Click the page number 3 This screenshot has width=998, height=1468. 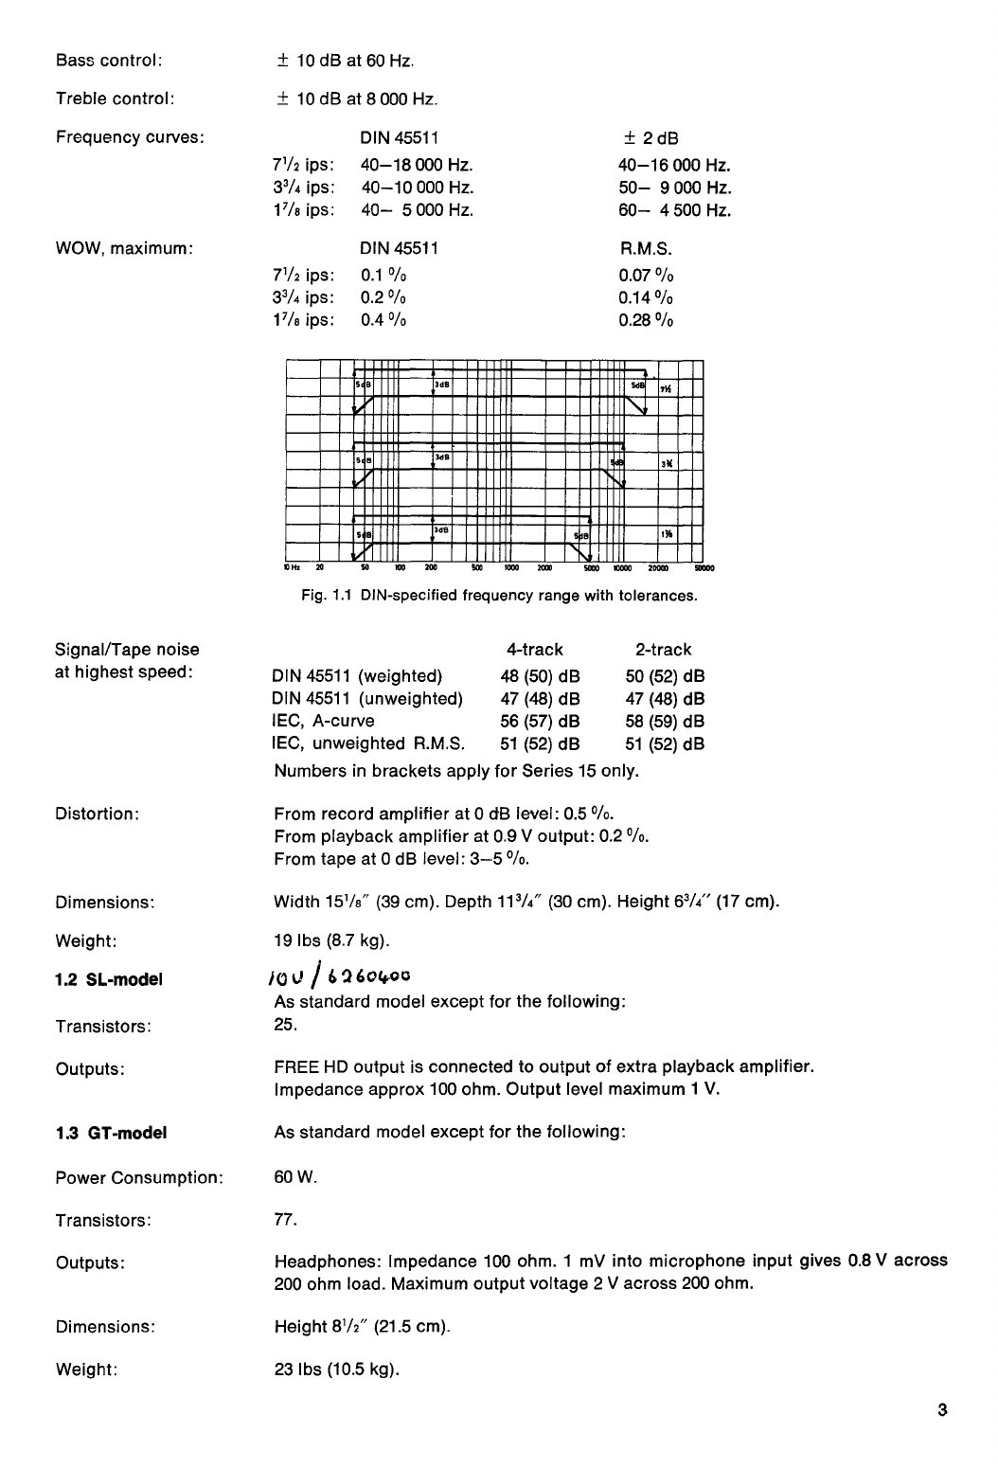click(942, 1408)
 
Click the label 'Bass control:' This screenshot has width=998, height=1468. click(110, 62)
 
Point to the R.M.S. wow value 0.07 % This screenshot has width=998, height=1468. click(646, 276)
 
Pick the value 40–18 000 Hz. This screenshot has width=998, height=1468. click(417, 165)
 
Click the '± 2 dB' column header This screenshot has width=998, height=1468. click(649, 138)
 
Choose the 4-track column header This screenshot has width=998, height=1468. click(535, 650)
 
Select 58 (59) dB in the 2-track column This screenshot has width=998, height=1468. click(665, 722)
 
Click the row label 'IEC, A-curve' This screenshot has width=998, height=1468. click(324, 722)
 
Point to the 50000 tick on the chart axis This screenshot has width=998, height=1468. click(704, 570)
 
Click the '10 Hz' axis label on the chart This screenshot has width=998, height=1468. click(292, 569)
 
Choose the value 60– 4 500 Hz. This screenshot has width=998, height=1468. click(675, 210)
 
